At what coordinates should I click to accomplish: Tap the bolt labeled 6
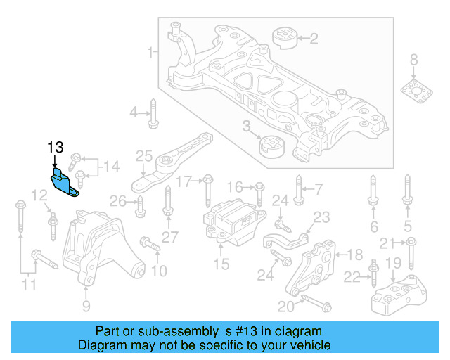[x=373, y=195]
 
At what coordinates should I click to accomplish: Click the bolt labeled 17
[x=207, y=191]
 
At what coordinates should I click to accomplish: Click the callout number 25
[x=143, y=155]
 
